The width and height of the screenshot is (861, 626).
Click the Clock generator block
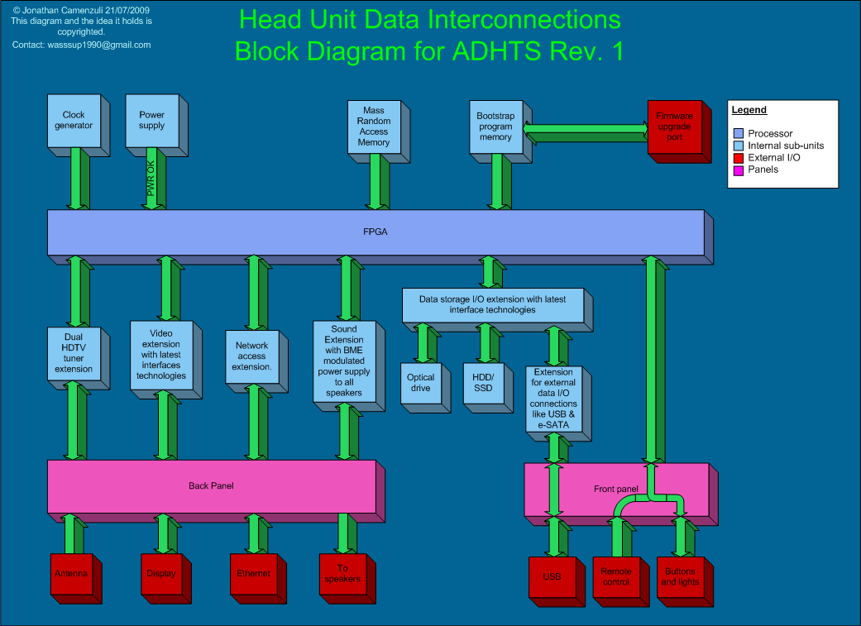click(x=74, y=121)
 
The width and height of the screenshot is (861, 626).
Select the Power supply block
click(x=151, y=121)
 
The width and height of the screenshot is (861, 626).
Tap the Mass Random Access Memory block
click(x=374, y=127)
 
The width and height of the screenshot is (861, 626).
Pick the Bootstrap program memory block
click(x=495, y=127)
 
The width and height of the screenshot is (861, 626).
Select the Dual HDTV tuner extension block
click(x=74, y=353)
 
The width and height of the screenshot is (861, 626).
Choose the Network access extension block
click(x=252, y=356)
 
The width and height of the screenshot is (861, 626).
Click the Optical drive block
click(x=420, y=383)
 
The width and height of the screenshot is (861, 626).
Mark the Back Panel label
click(x=211, y=486)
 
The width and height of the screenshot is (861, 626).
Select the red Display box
click(x=161, y=574)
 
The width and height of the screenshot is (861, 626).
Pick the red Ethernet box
click(x=253, y=574)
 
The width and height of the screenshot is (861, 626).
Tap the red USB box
click(x=552, y=577)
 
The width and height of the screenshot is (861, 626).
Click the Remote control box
click(x=616, y=577)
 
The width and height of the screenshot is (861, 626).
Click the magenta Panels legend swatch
click(x=739, y=170)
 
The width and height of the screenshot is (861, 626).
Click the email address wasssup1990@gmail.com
click(x=82, y=45)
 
